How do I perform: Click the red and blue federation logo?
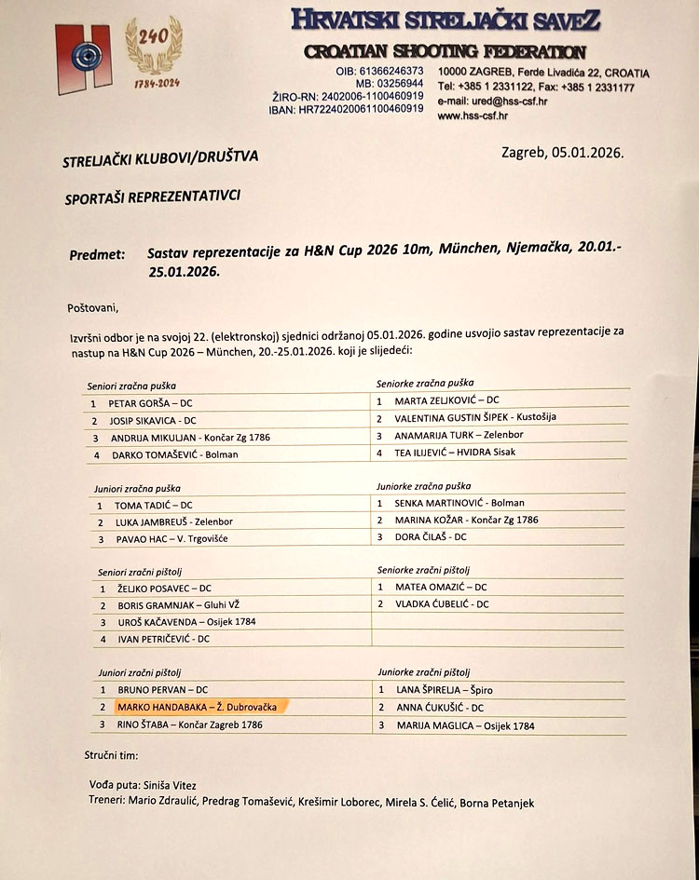pos(83,58)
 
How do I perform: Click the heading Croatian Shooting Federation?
pos(445,52)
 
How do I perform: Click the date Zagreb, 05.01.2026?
pos(562,153)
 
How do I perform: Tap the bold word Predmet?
pos(96,254)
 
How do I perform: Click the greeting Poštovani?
pos(94,306)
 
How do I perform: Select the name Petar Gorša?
pos(136,404)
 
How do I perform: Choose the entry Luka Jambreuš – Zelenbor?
pos(173,521)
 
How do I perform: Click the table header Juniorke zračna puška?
pos(423,485)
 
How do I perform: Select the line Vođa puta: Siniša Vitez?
pos(141,785)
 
